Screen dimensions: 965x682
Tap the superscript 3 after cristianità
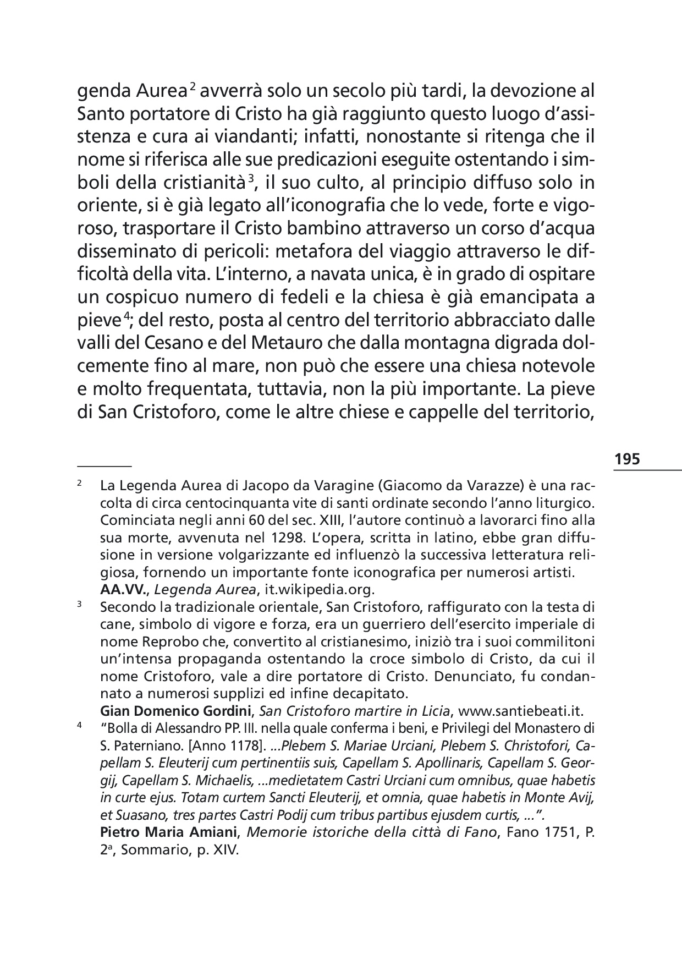251,177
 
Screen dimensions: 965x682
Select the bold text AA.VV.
124,590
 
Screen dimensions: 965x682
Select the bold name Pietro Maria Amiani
169,832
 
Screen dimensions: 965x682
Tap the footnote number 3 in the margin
79,605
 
